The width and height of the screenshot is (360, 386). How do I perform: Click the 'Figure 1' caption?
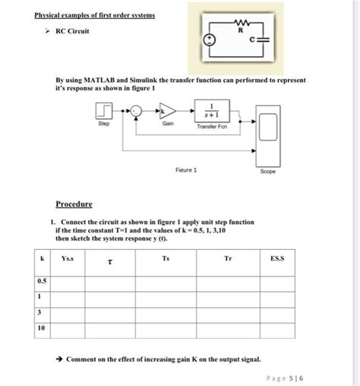[185, 170]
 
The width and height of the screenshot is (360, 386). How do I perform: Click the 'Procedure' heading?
[74, 204]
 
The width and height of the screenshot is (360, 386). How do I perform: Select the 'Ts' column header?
[166, 259]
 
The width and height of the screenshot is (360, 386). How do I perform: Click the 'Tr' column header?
[227, 259]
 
